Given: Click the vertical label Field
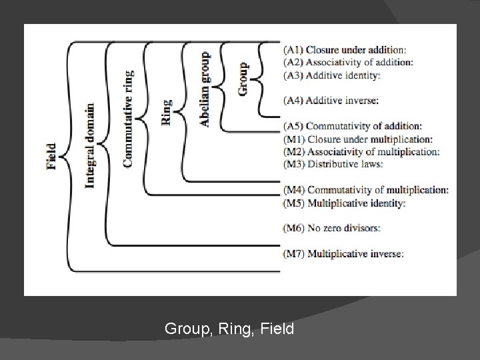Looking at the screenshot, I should click(51, 156).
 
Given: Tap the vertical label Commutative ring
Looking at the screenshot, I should click(128, 118).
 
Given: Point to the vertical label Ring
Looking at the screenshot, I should click(166, 111).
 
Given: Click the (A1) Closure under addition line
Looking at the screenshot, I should click(344, 49).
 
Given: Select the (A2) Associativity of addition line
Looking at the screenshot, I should click(348, 62).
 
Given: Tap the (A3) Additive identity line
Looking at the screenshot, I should click(332, 75).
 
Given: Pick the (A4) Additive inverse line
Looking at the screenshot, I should click(331, 100).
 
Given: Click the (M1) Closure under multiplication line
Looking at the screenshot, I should click(357, 139).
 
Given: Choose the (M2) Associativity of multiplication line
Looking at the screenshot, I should click(361, 151).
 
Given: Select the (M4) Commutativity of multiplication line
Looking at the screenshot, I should click(365, 190).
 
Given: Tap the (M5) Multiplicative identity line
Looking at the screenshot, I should click(344, 203).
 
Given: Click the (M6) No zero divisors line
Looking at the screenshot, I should click(332, 228).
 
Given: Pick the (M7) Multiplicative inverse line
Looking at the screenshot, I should click(343, 253).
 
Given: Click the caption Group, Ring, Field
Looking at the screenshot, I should click(229, 328).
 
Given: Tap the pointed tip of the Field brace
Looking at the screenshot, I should click(60, 156).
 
